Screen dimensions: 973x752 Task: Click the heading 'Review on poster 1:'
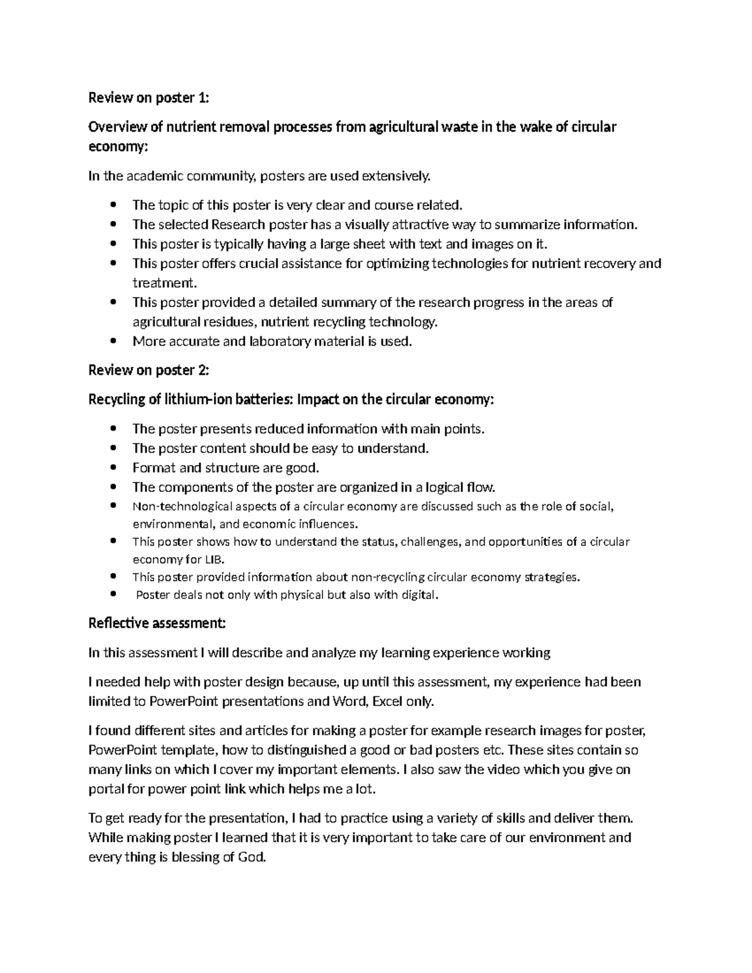point(149,98)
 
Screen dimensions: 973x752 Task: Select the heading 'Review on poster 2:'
point(149,370)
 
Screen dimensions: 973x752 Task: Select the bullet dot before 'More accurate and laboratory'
point(113,341)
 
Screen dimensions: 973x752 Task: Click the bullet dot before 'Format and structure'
point(113,468)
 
